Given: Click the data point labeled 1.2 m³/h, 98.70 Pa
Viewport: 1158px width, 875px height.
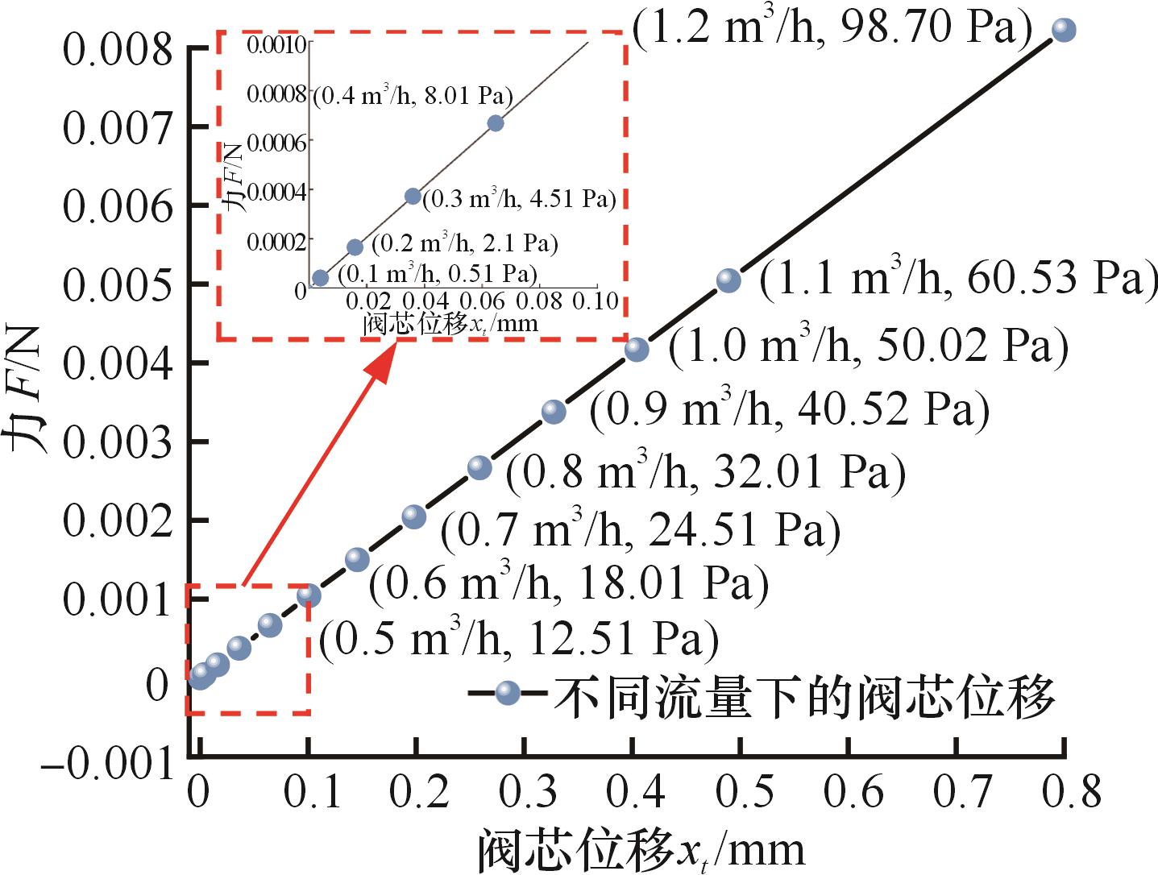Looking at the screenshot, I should [x=1064, y=31].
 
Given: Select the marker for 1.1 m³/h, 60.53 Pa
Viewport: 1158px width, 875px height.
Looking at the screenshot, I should [x=728, y=280].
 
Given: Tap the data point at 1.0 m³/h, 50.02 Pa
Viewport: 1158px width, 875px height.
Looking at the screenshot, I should [x=637, y=349].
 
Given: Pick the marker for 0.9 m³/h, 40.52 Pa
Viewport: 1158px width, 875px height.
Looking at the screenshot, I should [x=554, y=412].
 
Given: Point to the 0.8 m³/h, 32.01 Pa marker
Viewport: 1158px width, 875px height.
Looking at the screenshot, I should [x=479, y=468].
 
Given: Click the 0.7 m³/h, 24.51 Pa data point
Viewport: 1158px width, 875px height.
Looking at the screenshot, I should [x=413, y=517].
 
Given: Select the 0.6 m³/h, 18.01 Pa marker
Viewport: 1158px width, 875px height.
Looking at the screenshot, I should [x=357, y=560].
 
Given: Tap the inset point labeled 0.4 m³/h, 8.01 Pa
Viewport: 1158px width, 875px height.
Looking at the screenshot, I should [x=496, y=123].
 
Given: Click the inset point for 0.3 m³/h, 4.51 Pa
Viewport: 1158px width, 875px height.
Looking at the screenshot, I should [x=413, y=196].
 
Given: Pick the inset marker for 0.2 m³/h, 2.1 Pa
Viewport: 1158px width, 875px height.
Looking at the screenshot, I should [x=355, y=247].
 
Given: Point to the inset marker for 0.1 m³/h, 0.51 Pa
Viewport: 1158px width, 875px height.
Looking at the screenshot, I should [x=320, y=278].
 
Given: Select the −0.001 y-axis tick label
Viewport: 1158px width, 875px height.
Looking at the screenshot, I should [x=108, y=764].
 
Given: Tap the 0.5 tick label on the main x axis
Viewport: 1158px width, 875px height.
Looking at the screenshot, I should [x=740, y=794].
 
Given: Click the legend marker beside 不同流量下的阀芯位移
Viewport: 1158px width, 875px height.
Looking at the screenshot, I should [x=507, y=693].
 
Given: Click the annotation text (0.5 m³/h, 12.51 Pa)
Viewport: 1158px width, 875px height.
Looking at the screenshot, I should [x=518, y=640].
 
